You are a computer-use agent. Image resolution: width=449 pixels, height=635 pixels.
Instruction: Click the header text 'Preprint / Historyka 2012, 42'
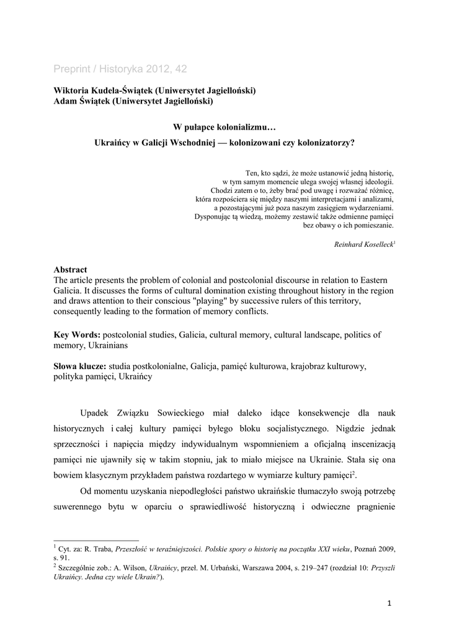(x=120, y=69)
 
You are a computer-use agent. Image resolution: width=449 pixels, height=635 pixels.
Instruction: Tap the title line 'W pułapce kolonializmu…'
(x=224, y=127)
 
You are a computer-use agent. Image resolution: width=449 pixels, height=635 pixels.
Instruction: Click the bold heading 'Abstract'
(x=70, y=270)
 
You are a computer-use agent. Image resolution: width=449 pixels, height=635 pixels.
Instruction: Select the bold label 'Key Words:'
(x=77, y=335)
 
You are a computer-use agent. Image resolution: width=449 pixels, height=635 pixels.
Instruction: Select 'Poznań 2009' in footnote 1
(x=375, y=549)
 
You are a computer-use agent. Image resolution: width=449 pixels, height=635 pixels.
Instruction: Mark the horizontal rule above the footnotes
(x=96, y=540)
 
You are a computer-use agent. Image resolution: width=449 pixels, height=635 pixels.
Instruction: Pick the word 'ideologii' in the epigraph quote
(x=375, y=182)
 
